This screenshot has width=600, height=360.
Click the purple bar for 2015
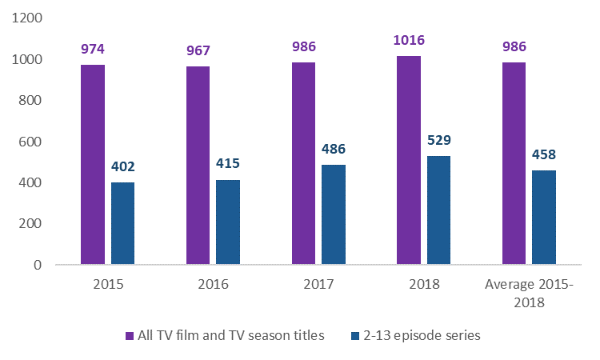click(93, 164)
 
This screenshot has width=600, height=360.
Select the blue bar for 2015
click(122, 223)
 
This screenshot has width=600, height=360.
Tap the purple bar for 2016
click(198, 165)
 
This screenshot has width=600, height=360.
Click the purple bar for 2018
click(409, 160)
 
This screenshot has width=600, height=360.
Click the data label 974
click(93, 50)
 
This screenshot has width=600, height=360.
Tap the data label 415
click(228, 164)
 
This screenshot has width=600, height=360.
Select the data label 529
click(438, 141)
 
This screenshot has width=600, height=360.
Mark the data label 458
click(544, 155)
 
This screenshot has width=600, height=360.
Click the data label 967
click(198, 51)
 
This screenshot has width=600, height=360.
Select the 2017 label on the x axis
click(318, 285)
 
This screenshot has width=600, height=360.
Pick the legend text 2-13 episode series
click(423, 336)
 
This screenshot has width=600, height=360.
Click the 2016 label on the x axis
click(213, 285)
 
